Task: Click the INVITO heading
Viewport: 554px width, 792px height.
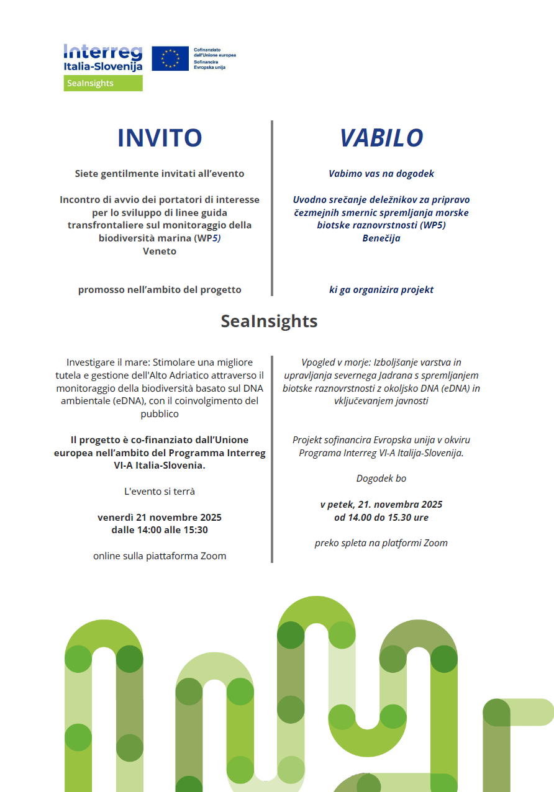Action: click(160, 138)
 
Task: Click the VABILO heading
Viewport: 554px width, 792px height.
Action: click(381, 138)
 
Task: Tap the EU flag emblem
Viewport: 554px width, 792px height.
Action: click(170, 58)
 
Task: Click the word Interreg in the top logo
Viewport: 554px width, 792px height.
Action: click(102, 51)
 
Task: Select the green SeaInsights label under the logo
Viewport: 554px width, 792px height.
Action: click(103, 83)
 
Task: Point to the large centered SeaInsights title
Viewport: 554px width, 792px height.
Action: click(269, 321)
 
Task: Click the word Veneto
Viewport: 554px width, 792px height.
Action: click(160, 251)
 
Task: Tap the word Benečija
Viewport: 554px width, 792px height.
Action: click(381, 238)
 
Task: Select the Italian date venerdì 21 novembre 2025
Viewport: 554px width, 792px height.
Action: click(160, 517)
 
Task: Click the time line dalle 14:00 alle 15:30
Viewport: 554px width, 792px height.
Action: click(160, 530)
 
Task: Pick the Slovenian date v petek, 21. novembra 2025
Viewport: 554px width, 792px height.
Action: click(381, 505)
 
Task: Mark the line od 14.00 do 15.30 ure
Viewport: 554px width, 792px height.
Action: click(381, 518)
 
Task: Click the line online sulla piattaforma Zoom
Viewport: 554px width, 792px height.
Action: click(160, 556)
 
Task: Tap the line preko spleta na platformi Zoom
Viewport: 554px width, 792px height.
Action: click(381, 543)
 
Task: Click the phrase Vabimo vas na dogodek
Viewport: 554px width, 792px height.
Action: click(381, 174)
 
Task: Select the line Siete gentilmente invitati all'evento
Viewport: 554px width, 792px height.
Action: click(160, 174)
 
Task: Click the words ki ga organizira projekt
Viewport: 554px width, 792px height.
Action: click(381, 290)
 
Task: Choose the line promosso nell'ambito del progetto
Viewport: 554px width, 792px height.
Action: click(160, 290)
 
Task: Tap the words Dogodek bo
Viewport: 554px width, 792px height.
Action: click(381, 479)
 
